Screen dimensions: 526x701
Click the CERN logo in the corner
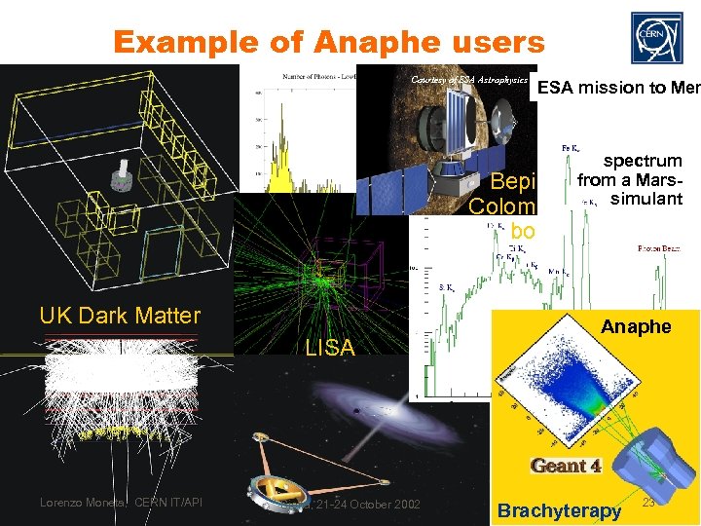tap(658, 35)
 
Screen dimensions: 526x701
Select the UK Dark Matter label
tap(120, 315)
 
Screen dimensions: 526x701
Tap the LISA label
tap(330, 347)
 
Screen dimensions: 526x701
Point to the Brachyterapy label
tap(559, 510)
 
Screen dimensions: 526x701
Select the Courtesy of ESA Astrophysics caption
tap(470, 79)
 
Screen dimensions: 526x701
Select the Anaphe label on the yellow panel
tap(636, 326)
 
